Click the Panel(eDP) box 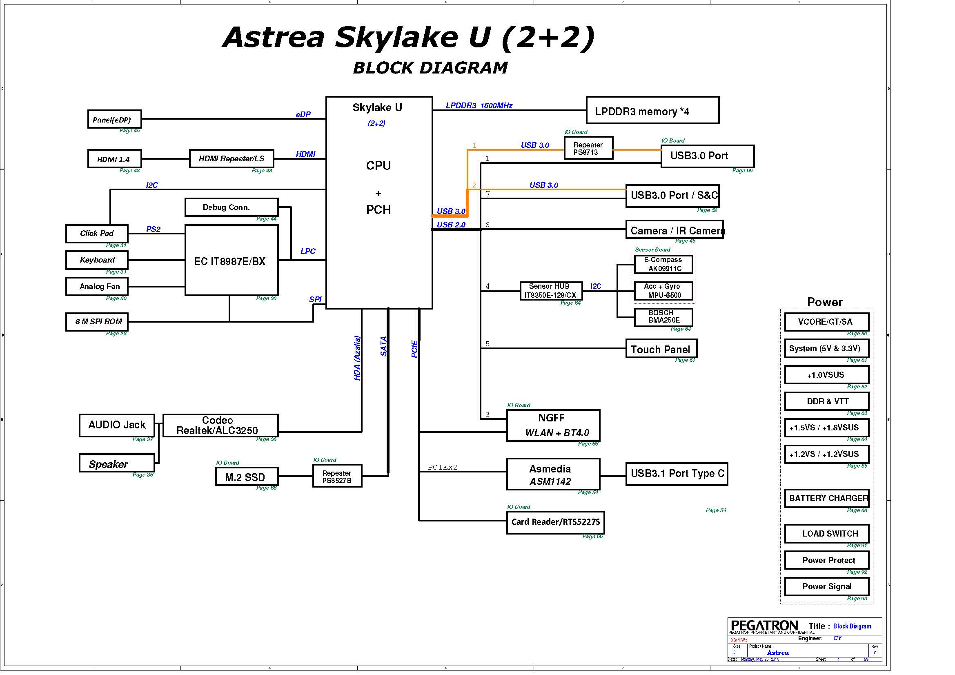point(114,119)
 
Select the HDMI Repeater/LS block point(232,158)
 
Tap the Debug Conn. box point(232,207)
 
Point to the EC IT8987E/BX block point(232,261)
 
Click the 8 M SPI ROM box point(97,322)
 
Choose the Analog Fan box point(97,287)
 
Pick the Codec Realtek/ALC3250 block point(220,425)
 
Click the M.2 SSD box point(247,477)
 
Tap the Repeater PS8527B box point(337,476)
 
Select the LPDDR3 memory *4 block point(652,110)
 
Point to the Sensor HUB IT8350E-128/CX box point(551,291)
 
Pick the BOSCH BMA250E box point(663,317)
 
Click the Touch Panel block point(661,348)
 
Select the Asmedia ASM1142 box point(553,474)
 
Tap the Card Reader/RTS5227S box point(555,522)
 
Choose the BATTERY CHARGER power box point(827,498)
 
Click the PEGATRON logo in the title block point(764,626)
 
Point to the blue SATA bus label point(383,346)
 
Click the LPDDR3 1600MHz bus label point(479,106)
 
